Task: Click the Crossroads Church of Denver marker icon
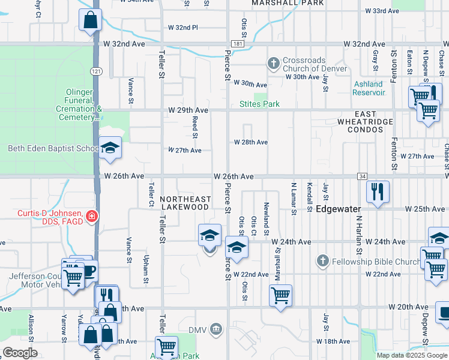(274, 63)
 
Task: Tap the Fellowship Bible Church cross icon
(322, 261)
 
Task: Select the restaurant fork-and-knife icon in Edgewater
(378, 191)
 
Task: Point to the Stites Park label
(259, 104)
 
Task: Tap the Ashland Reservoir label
(369, 88)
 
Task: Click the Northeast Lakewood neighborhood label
(185, 203)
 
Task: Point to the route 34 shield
(361, 176)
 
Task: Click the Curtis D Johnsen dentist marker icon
(92, 216)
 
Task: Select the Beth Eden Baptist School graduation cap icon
(110, 148)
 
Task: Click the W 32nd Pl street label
(182, 28)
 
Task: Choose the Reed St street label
(195, 126)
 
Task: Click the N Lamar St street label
(294, 198)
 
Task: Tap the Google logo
(20, 352)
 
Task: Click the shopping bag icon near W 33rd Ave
(90, 20)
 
